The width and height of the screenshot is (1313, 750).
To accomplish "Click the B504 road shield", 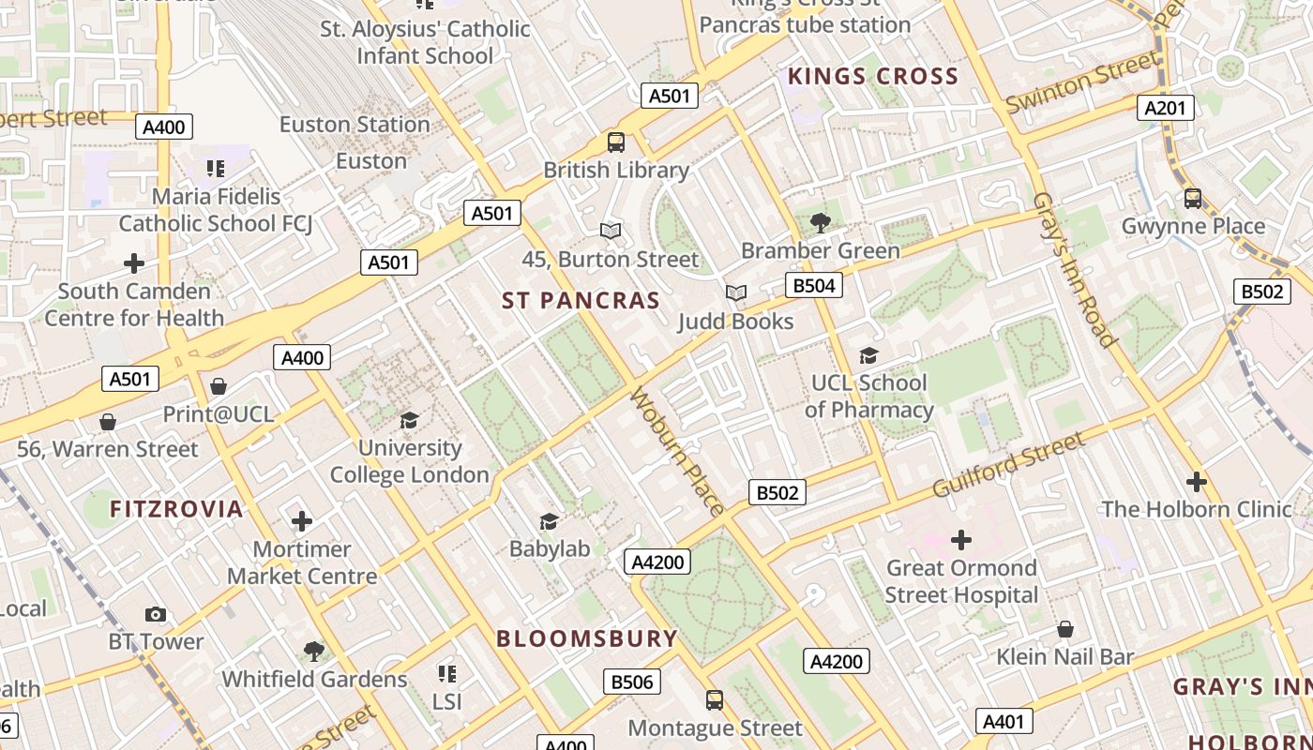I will click(813, 285).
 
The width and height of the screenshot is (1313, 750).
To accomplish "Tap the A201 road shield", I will click(1166, 108).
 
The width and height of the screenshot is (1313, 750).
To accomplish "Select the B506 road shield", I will click(631, 682).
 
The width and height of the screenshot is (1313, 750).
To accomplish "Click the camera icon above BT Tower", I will click(156, 614).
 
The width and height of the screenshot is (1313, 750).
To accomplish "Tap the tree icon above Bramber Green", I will click(820, 223).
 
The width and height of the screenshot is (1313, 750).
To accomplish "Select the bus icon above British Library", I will click(616, 142).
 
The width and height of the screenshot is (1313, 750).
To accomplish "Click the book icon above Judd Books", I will click(736, 293).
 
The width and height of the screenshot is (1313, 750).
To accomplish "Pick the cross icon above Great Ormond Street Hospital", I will click(961, 540).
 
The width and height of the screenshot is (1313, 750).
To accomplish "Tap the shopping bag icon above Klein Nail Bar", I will click(1064, 629).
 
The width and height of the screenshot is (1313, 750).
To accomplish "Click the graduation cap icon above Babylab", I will click(550, 521).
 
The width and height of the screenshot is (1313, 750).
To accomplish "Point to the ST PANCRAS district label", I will click(581, 301).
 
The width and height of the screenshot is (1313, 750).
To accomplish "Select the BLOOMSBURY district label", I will click(586, 639).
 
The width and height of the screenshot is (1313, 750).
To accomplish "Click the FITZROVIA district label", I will click(176, 509).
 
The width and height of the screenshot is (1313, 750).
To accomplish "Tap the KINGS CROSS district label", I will click(872, 77).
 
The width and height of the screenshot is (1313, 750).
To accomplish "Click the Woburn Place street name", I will click(677, 451).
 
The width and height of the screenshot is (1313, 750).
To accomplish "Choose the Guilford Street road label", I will click(1008, 465).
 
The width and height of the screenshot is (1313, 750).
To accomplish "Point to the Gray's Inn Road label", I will click(1074, 270).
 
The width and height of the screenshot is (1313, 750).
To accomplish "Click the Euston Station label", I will click(355, 125).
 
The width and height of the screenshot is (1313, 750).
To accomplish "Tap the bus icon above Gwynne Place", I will click(1193, 199).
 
